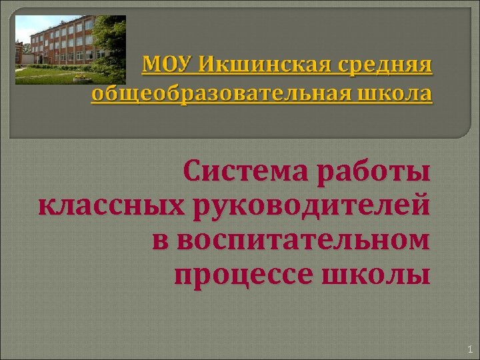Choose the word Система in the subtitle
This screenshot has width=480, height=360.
pyautogui.click(x=247, y=174)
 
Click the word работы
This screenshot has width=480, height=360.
pyautogui.click(x=374, y=174)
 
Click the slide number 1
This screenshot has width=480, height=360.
pyautogui.click(x=469, y=348)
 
